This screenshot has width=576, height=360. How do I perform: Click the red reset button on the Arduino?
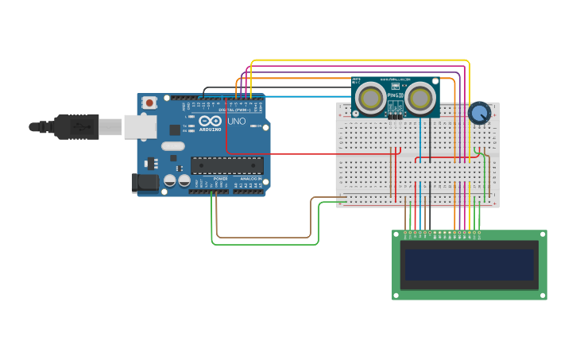click(x=149, y=103)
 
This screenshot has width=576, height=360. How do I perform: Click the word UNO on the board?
click(x=237, y=122)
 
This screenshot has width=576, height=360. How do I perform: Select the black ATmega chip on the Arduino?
click(x=226, y=165)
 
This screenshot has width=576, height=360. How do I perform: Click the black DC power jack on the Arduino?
click(x=145, y=182)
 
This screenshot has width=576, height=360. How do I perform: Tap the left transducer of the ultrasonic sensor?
click(x=369, y=98)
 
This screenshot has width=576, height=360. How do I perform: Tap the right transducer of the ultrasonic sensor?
click(x=421, y=98)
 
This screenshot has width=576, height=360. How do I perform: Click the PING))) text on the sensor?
click(x=395, y=95)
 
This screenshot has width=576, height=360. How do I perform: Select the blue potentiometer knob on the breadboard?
click(x=478, y=114)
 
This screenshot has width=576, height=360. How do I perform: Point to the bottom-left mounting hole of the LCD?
click(x=396, y=296)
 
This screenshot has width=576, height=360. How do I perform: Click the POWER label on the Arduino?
click(x=220, y=179)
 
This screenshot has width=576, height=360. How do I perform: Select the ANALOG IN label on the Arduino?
click(x=249, y=179)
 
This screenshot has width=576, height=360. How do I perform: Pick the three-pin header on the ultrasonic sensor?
click(x=395, y=114)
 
